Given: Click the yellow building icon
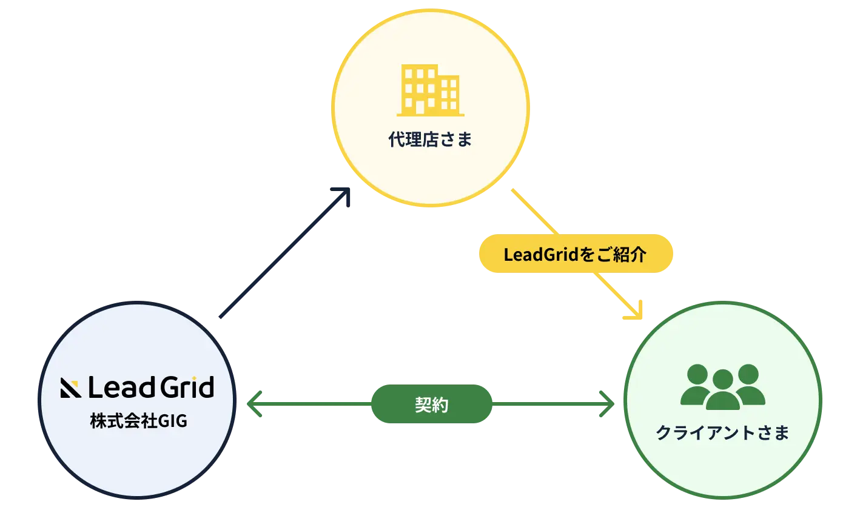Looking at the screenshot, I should tap(430, 90).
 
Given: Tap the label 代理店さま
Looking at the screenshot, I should tap(430, 140).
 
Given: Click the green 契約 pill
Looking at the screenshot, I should tap(431, 405).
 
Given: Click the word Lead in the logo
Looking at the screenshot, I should tap(116, 388).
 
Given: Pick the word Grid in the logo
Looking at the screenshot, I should tap(181, 388).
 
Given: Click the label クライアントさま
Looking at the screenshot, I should tap(722, 433).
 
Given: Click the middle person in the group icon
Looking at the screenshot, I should tap(722, 391).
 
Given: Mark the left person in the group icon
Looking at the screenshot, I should tap(697, 384).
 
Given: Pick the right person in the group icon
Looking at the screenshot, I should tap(748, 384).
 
